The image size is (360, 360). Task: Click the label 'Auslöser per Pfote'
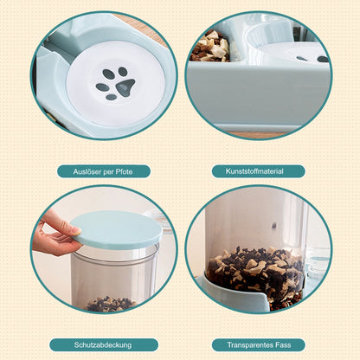[103, 172]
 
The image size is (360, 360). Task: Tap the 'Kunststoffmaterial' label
[254, 171]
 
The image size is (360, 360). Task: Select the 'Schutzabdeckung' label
[103, 345]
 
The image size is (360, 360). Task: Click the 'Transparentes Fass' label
[259, 345]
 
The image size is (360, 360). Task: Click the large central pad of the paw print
[125, 87]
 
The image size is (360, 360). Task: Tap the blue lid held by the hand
[117, 229]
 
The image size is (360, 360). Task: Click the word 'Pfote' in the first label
[124, 172]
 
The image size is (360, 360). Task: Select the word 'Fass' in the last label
[283, 345]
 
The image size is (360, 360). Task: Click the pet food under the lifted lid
[111, 304]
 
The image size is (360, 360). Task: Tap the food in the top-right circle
[210, 46]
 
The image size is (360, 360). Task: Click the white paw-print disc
[116, 84]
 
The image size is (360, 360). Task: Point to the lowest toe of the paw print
[111, 97]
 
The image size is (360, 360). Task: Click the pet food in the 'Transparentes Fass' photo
[255, 274]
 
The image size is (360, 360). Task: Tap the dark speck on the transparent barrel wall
[273, 226]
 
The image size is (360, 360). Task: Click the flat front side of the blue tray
[257, 95]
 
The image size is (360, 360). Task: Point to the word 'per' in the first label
[108, 172]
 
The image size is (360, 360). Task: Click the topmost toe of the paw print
[123, 71]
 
